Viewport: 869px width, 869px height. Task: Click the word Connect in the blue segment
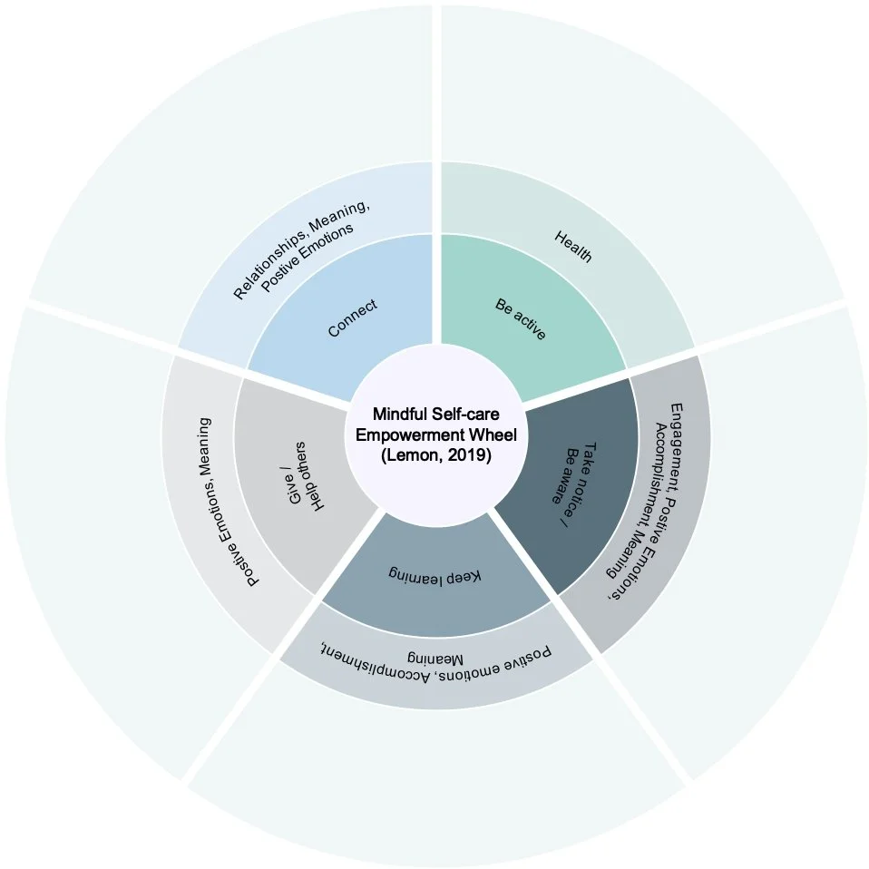(352, 318)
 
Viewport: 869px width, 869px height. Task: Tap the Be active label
(520, 319)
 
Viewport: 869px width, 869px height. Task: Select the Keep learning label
(436, 575)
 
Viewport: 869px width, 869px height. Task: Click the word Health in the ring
(572, 247)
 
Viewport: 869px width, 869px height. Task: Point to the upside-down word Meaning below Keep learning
(435, 659)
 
